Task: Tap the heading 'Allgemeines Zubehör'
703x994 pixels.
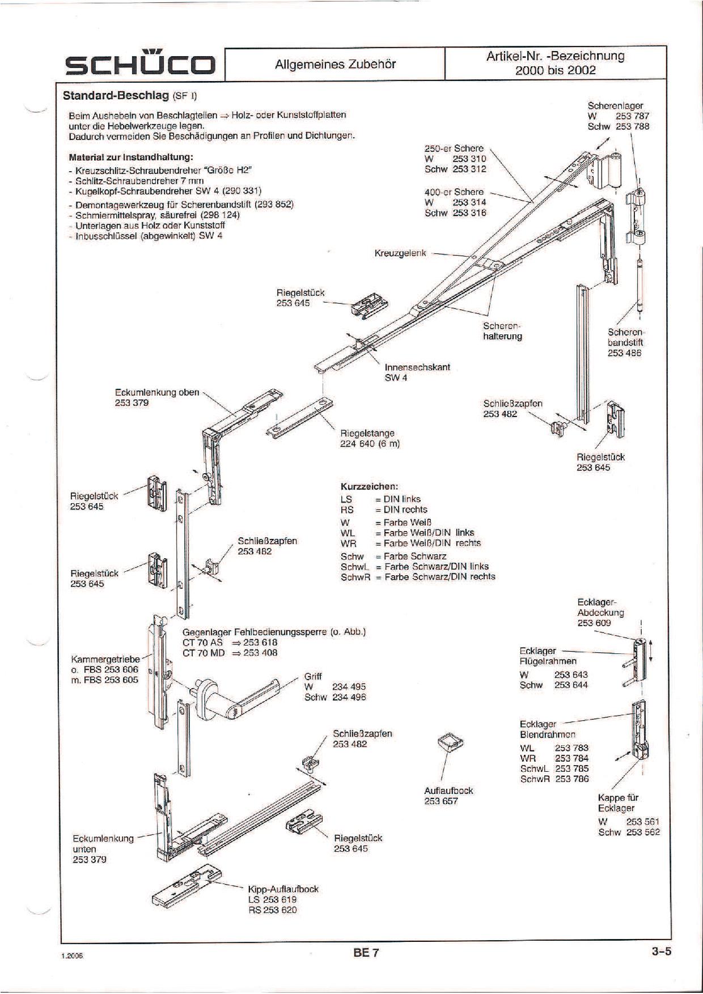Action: [x=335, y=64]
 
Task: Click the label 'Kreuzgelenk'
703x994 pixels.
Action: [x=400, y=253]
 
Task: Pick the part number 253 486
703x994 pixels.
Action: [x=624, y=352]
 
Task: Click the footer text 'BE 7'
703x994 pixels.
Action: [x=366, y=953]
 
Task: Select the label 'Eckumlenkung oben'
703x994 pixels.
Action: [x=157, y=392]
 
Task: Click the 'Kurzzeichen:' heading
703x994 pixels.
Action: [x=369, y=486]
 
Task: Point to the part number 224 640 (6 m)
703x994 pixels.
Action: [x=370, y=444]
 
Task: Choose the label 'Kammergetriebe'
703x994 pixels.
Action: [x=105, y=659]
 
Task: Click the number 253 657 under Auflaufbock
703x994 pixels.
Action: [x=441, y=801]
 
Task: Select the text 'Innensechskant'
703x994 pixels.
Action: [x=417, y=367]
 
